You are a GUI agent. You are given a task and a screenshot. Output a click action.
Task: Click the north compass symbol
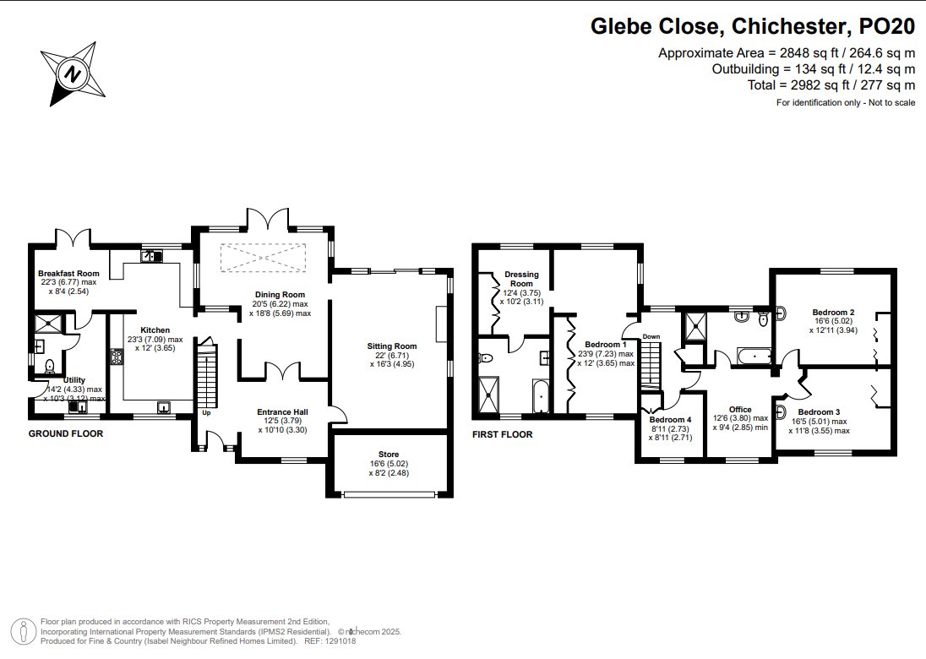[73, 74]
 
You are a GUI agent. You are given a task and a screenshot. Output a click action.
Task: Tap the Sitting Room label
[391, 346]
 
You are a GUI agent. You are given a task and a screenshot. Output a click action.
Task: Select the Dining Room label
[280, 295]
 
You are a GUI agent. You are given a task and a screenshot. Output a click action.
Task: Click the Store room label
[389, 455]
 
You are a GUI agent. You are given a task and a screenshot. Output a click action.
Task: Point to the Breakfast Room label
[68, 274]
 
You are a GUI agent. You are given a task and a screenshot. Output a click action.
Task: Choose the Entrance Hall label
[282, 412]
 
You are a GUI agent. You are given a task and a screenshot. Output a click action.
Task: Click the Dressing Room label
[521, 279]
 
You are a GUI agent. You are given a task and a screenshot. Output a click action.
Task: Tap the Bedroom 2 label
[833, 313]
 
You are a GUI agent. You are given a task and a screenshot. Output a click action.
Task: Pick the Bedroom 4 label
[670, 420]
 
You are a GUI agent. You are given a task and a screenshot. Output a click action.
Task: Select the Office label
[740, 409]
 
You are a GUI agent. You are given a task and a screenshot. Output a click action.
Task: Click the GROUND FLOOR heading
[66, 433]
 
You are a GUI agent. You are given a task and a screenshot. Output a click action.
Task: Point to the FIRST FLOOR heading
[502, 434]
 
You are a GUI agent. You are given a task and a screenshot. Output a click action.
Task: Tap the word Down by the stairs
[651, 336]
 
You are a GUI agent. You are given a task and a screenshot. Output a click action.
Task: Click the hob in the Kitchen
[116, 358]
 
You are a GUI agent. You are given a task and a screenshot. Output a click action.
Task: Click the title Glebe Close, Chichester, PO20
[753, 26]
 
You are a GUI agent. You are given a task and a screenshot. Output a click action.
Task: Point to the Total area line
[831, 85]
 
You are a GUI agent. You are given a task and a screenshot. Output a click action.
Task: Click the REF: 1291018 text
[330, 640]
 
